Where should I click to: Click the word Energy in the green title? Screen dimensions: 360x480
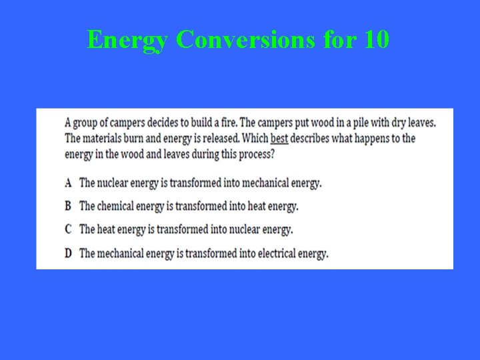128,41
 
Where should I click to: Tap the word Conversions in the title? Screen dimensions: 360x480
245,40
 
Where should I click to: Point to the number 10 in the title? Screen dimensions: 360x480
377,40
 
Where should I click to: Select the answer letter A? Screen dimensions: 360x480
69,183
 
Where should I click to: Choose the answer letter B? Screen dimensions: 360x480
69,206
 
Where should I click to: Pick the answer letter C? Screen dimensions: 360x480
69,229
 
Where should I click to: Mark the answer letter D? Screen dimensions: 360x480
69,253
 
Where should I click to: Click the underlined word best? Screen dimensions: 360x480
279,139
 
